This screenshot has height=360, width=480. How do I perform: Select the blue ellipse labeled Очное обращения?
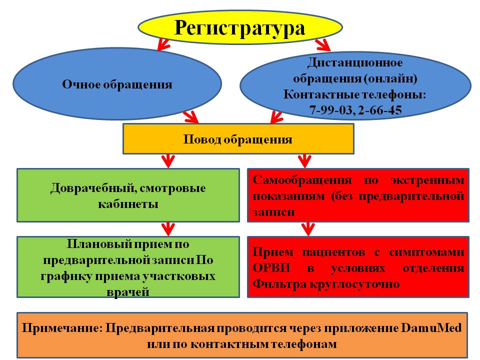click(117, 84)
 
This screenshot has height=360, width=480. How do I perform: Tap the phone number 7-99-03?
click(330, 110)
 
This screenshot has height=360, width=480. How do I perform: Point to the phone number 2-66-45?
click(380, 110)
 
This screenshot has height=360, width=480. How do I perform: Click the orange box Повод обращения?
click(238, 139)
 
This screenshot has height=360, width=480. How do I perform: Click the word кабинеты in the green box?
click(127, 204)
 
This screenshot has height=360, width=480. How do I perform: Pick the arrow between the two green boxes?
click(167, 229)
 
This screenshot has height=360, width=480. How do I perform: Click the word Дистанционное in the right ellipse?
click(355, 63)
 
